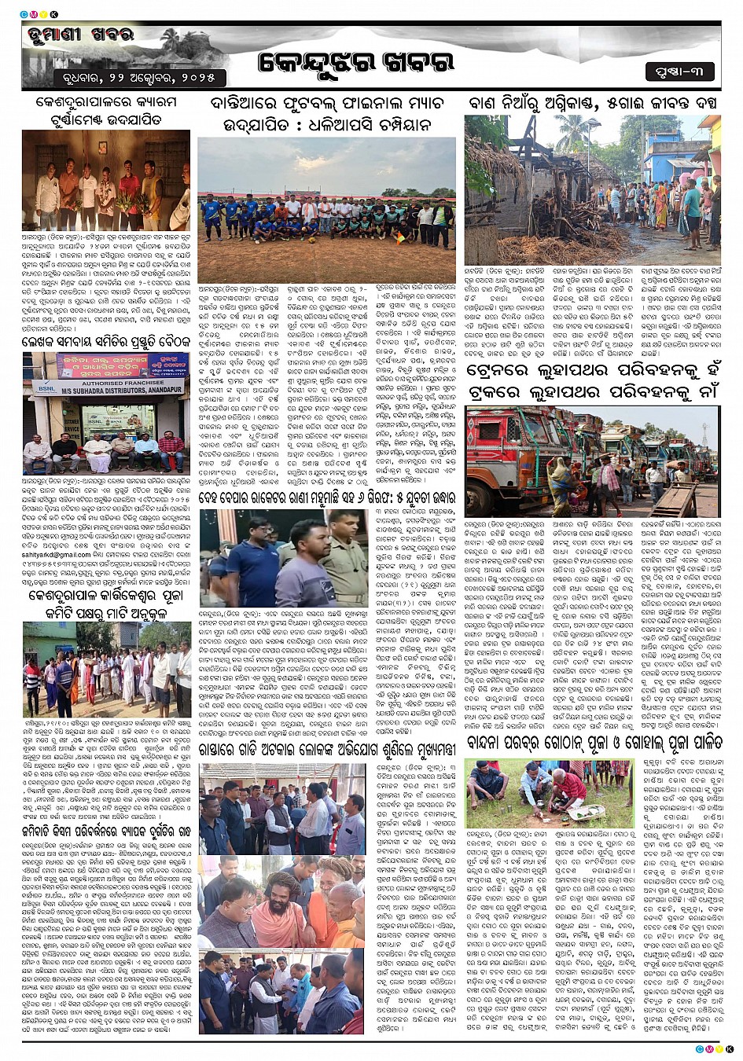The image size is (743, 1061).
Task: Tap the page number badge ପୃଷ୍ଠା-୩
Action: coord(679,72)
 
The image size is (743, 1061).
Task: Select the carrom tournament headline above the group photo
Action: coord(106,111)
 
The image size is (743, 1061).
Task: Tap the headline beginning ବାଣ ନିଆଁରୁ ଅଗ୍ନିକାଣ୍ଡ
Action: coord(594,103)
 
